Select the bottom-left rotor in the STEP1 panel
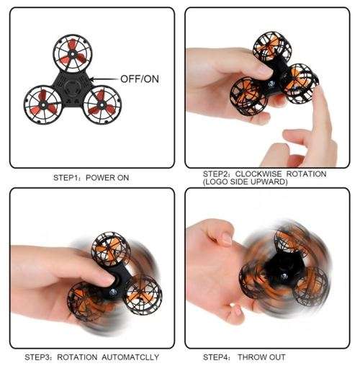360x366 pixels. [x=42, y=104]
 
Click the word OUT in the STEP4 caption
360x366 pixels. [x=282, y=357]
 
